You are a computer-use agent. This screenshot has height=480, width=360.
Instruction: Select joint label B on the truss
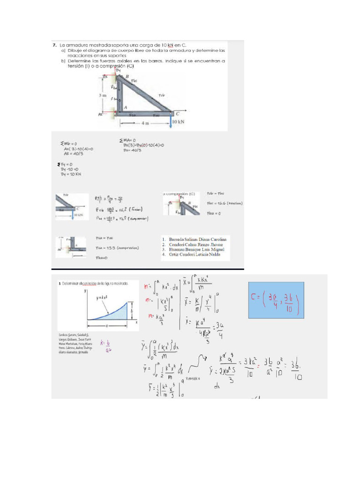coord(127,76)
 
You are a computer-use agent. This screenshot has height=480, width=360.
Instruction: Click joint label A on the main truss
coord(125,107)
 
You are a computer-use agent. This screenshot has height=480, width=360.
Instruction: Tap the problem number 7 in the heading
coord(54,46)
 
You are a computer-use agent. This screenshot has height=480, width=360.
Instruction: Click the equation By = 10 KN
coord(72,174)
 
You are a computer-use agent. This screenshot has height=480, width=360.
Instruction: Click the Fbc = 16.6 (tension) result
coord(225,203)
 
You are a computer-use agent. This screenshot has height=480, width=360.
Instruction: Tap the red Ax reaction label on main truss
coord(101,114)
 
